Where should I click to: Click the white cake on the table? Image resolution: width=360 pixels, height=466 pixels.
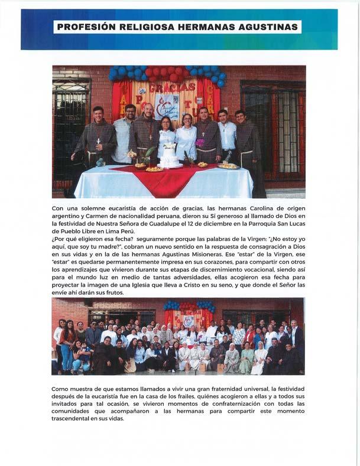pos(169,157)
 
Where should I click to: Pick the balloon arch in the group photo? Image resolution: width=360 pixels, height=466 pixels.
pos(188,307)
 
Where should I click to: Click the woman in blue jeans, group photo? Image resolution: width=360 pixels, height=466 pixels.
pos(67,348)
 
